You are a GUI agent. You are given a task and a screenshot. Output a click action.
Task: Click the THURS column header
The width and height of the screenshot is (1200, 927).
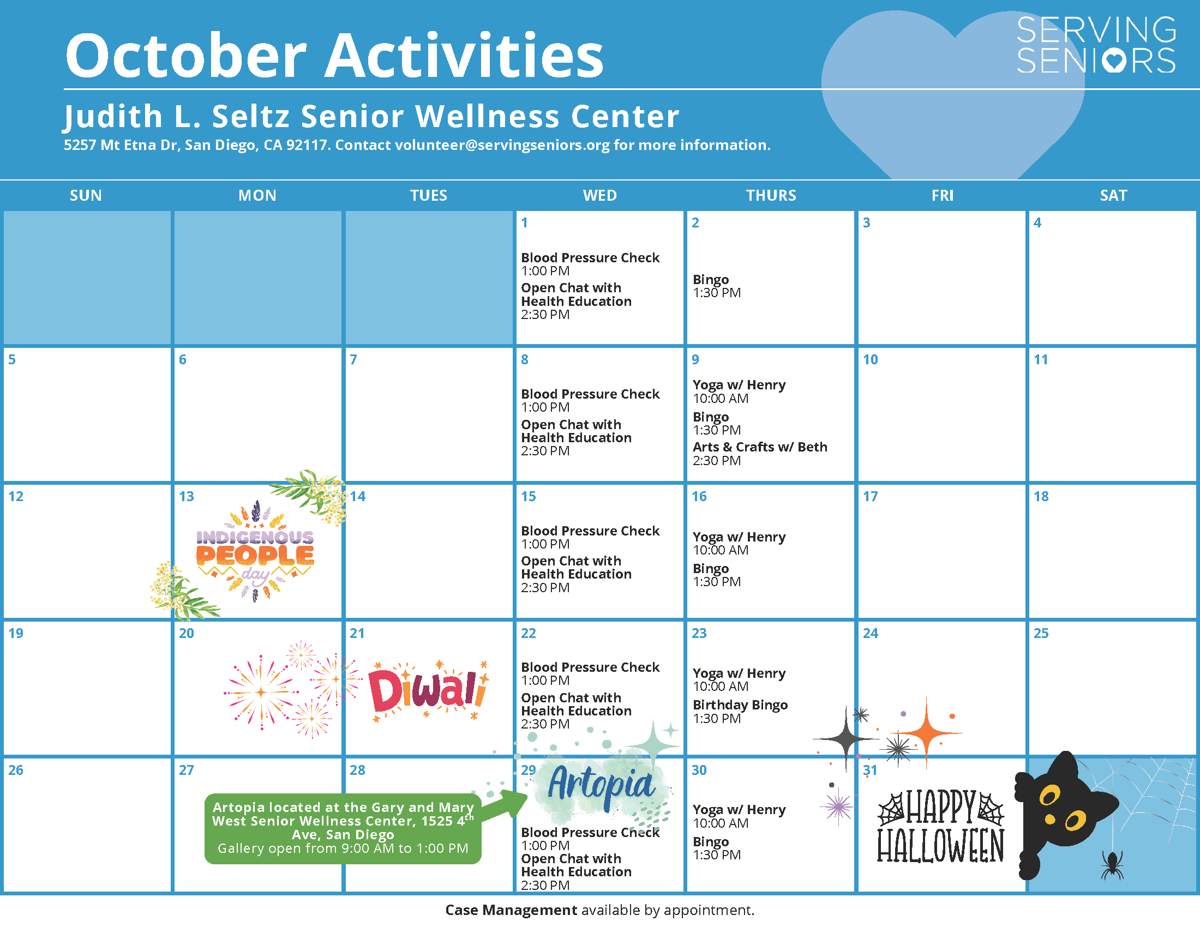pos(771,195)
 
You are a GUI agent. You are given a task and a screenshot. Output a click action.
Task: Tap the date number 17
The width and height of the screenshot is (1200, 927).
pos(871,496)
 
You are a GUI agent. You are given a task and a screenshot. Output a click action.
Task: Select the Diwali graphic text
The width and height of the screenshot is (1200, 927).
pos(428,689)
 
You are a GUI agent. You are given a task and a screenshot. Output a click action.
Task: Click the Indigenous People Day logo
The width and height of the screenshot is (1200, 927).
pos(255,551)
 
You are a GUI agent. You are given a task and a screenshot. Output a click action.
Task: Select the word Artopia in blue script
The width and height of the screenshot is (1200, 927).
pos(601,784)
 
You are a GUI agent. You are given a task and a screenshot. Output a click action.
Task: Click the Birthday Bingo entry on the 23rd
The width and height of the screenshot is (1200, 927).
pos(740,711)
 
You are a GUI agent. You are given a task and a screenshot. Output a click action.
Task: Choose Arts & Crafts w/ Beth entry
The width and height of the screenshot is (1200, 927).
pos(760,454)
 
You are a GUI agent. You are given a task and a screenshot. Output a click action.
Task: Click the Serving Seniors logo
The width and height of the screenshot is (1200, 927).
pos(1096,45)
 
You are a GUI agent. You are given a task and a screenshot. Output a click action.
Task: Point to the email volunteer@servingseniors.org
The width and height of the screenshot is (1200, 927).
pos(502,145)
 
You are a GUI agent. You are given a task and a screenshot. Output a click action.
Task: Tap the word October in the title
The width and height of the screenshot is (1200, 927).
pos(185,56)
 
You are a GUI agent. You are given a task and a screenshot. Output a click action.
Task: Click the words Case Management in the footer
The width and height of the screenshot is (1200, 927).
pos(511,910)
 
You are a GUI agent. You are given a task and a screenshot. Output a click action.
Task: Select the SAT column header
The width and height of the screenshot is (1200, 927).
pos(1113,195)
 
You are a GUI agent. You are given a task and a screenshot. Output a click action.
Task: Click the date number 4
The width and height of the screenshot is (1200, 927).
pos(1037,222)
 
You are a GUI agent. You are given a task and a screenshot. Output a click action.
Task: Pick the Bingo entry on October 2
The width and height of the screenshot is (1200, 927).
pos(717,286)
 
